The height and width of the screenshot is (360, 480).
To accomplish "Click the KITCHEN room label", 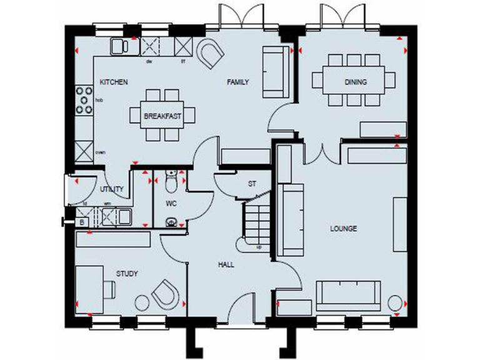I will [x=114, y=82].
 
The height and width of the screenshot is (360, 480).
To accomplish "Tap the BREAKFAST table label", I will [x=162, y=116].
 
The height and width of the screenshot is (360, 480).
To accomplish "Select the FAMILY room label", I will [x=238, y=82].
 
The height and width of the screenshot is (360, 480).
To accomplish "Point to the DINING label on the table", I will [x=355, y=82].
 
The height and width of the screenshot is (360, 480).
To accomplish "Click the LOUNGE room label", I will [x=343, y=229].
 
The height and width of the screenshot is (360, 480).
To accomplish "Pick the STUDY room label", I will [x=127, y=274].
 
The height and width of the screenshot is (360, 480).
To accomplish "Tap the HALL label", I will [x=226, y=265].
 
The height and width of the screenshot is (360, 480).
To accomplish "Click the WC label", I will [x=171, y=204].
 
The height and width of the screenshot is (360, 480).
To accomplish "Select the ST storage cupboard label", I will [x=252, y=184].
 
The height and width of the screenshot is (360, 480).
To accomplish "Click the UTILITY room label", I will [x=111, y=189].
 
